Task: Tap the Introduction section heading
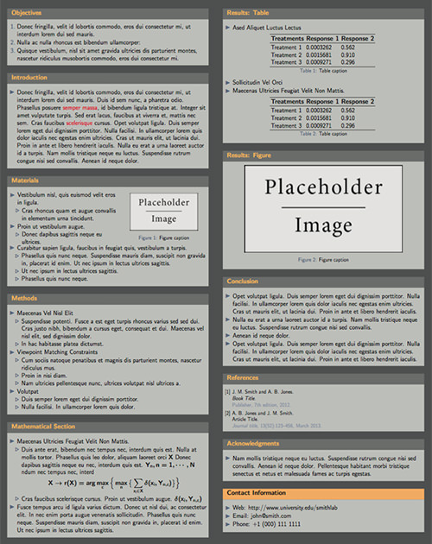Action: tap(29, 78)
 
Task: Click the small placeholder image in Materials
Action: tap(163, 211)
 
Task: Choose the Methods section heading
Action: tap(24, 298)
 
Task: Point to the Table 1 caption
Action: tap(319, 72)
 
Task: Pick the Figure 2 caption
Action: tap(319, 259)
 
